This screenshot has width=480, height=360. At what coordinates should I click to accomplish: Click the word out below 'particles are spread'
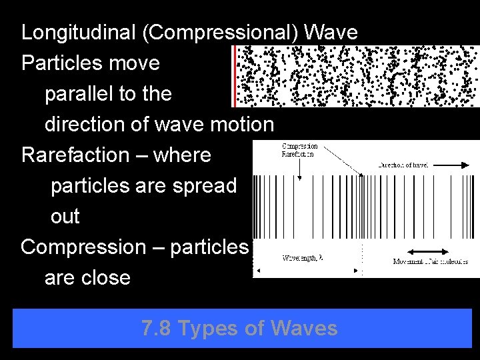(65, 216)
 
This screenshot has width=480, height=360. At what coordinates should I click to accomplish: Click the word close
(105, 277)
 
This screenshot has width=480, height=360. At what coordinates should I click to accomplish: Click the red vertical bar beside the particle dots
(234, 76)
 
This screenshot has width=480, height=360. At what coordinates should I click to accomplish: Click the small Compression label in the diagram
(300, 146)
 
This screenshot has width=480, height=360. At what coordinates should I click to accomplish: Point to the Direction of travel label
(403, 164)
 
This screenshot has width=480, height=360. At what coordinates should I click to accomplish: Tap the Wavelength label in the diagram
(302, 258)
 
